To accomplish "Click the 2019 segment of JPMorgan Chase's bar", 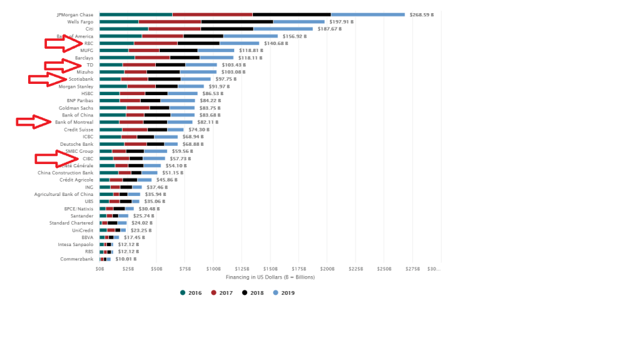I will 368,14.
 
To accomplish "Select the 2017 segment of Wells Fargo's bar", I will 170,22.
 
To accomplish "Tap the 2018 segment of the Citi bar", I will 227,29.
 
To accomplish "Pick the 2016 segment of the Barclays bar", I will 117,58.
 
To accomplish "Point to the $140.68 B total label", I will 275,43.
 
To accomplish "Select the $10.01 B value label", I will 125,259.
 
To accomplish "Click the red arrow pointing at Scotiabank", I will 48,79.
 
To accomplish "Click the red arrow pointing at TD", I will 63,64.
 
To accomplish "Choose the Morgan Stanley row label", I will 76,86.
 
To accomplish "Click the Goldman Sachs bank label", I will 76,108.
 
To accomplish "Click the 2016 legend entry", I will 192,292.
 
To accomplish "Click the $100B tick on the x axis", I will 213,269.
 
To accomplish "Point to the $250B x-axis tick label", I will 384,269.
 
